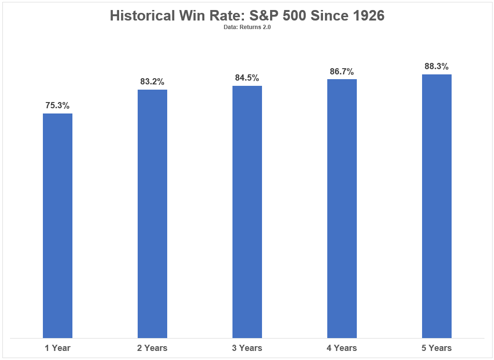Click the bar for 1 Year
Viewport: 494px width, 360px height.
(x=58, y=226)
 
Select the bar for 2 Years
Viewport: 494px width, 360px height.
(x=152, y=214)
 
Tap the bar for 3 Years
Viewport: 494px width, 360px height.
(x=247, y=212)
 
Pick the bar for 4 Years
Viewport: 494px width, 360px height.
(x=342, y=209)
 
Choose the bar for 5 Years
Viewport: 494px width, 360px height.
(x=437, y=206)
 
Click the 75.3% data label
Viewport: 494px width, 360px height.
(x=57, y=105)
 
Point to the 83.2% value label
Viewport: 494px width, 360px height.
(x=152, y=82)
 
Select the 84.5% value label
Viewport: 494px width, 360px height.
(x=247, y=78)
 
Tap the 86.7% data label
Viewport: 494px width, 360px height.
(x=342, y=72)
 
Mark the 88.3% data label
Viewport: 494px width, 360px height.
(x=437, y=66)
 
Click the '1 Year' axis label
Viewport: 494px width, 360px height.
(x=58, y=348)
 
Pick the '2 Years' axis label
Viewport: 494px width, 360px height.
(x=152, y=348)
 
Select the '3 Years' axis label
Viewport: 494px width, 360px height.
(x=247, y=348)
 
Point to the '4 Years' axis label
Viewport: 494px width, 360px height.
(x=342, y=348)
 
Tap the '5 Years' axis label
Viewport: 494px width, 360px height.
(x=437, y=348)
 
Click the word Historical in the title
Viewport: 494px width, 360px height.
(x=142, y=15)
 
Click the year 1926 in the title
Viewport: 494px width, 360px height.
(x=369, y=15)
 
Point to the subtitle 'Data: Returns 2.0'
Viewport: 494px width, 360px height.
(x=247, y=27)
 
